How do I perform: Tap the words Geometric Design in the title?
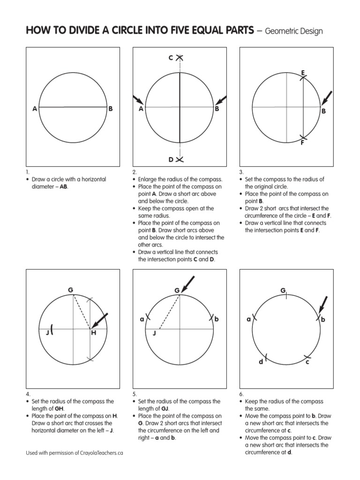(x=294, y=31)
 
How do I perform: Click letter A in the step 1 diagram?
(x=35, y=109)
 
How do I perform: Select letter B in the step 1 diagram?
(x=111, y=109)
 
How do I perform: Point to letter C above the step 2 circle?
(x=171, y=58)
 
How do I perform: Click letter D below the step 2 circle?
(x=171, y=160)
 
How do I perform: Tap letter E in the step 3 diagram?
(x=303, y=73)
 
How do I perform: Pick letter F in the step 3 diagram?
(x=303, y=142)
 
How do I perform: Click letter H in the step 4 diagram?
(x=93, y=333)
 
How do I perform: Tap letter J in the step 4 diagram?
(x=47, y=333)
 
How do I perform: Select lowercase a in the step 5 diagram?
(x=142, y=319)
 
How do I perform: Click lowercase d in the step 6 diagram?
(x=261, y=361)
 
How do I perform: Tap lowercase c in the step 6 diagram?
(x=307, y=361)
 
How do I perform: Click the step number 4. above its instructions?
(x=28, y=394)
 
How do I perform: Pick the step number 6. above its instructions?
(x=241, y=394)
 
